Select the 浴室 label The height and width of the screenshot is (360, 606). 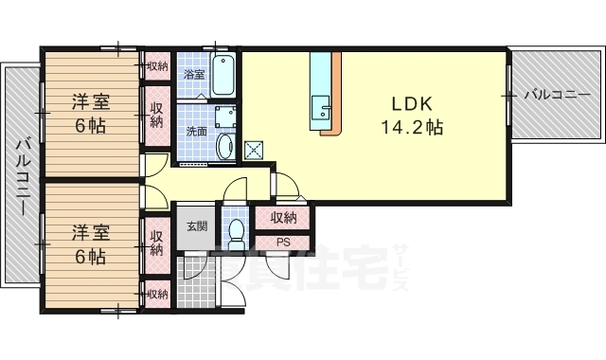point(194,74)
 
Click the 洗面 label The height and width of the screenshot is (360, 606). point(196,132)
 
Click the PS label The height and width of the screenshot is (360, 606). point(283,241)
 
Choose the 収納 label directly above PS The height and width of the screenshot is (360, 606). point(283,218)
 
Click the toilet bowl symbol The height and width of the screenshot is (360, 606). point(235,233)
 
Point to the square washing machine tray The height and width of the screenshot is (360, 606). point(224,118)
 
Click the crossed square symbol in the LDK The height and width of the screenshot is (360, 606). point(254,149)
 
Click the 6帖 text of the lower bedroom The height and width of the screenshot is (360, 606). point(92,256)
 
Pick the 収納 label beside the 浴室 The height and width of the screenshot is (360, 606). point(157,66)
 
